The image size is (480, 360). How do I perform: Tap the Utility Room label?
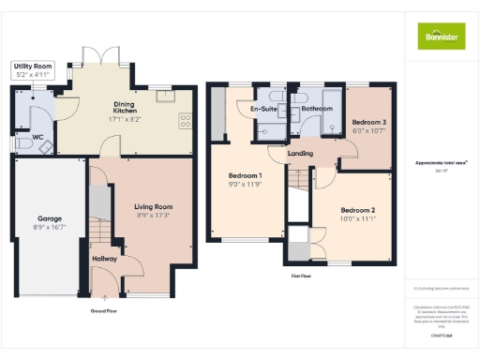coord(32,65)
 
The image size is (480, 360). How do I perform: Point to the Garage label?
coord(49,218)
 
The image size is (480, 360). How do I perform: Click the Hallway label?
coord(104,259)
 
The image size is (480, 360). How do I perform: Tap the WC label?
coord(37,138)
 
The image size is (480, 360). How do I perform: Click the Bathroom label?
coord(317,109)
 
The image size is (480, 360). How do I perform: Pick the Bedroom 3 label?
coord(368,123)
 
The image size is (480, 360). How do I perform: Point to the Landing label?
coord(301,154)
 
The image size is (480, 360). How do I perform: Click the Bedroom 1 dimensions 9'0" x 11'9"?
coord(246,185)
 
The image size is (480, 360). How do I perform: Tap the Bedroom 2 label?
coord(357,210)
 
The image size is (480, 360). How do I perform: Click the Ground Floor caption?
coord(103,308)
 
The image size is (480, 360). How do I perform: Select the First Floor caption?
coord(301,277)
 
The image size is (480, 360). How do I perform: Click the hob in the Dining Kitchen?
coord(185,119)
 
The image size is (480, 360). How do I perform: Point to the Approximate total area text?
coord(441,162)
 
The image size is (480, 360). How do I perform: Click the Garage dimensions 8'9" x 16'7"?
coord(49,228)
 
